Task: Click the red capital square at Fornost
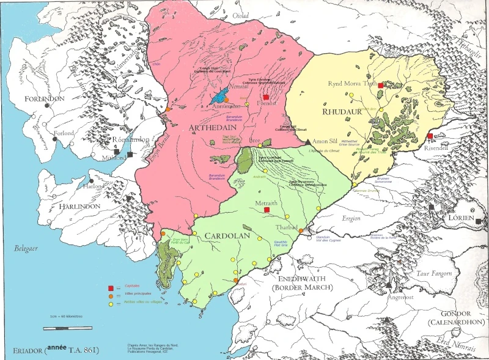266,97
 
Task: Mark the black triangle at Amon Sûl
307,141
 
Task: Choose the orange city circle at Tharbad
301,230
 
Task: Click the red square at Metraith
267,210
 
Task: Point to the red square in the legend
111,288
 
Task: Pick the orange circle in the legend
111,296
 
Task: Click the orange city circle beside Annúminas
227,100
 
